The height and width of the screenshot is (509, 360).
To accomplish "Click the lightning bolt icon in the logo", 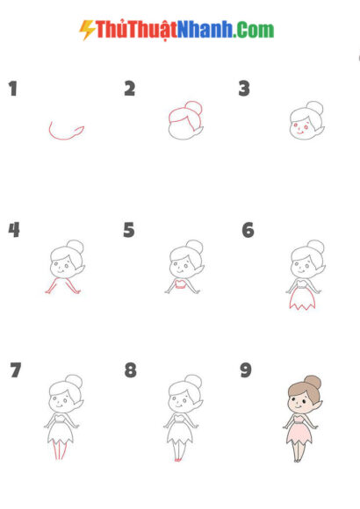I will click(87, 30).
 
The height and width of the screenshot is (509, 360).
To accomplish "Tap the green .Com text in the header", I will click(255, 30).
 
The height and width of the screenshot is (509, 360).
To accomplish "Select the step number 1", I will click(12, 88).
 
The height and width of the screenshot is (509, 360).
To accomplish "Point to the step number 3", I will click(244, 88).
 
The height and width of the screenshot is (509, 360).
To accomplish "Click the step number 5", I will click(129, 230).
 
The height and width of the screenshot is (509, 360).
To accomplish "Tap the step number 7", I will click(15, 370).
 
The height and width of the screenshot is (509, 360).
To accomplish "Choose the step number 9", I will click(246, 370).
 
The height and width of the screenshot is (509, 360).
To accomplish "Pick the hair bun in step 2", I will click(195, 110).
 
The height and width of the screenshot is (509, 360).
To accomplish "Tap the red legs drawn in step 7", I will click(58, 450).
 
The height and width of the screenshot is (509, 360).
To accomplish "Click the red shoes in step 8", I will click(178, 459).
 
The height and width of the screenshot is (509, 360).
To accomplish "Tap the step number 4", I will click(14, 230).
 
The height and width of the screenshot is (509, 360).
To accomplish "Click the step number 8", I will click(130, 370).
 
